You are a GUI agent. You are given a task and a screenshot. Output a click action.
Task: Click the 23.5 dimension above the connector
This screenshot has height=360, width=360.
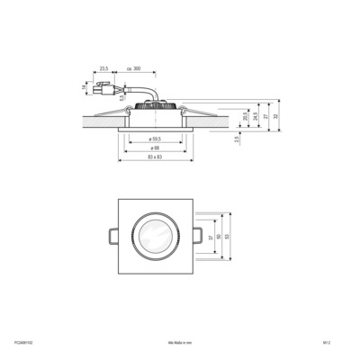103,68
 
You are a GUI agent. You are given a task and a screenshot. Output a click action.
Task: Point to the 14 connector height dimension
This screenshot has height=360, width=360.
89,87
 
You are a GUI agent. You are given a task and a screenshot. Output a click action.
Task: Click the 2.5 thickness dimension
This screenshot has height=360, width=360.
237,139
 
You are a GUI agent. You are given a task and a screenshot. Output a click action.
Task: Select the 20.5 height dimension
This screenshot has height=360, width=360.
245,116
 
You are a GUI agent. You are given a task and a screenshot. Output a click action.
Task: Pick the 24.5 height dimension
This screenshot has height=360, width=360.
255,116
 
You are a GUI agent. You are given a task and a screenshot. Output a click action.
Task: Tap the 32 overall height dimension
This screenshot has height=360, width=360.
275,116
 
